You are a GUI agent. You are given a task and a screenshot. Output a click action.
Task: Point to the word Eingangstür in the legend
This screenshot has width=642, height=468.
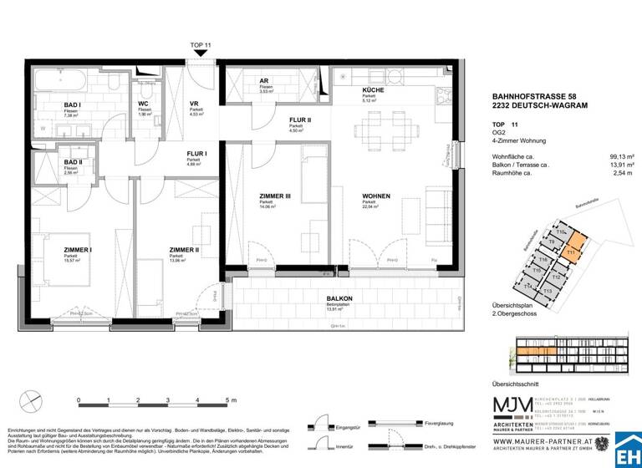[346, 427]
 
